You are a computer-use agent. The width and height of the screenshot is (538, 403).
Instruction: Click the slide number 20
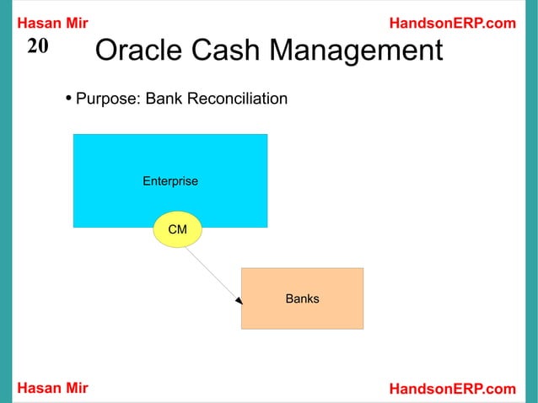pyautogui.click(x=38, y=47)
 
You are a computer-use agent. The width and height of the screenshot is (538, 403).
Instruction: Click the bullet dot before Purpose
pyautogui.click(x=68, y=99)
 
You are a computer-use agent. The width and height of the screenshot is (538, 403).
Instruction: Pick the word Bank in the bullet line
pyautogui.click(x=164, y=99)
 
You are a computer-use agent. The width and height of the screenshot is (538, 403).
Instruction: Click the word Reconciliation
pyautogui.click(x=237, y=99)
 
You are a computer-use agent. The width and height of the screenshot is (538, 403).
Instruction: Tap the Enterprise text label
pyautogui.click(x=170, y=181)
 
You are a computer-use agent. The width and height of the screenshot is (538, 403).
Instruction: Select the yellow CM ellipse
pyautogui.click(x=177, y=229)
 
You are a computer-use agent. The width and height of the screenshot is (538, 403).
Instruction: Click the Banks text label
pyautogui.click(x=302, y=298)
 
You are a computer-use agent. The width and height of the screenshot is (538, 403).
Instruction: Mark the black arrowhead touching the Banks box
pyautogui.click(x=239, y=299)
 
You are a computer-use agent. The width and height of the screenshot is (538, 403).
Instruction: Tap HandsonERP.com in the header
pyautogui.click(x=452, y=23)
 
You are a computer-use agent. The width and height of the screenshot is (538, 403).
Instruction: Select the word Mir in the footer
pyautogui.click(x=75, y=388)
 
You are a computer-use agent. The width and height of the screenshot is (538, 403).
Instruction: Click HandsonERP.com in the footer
pyautogui.click(x=452, y=388)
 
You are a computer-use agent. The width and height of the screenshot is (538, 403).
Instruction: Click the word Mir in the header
pyautogui.click(x=75, y=23)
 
